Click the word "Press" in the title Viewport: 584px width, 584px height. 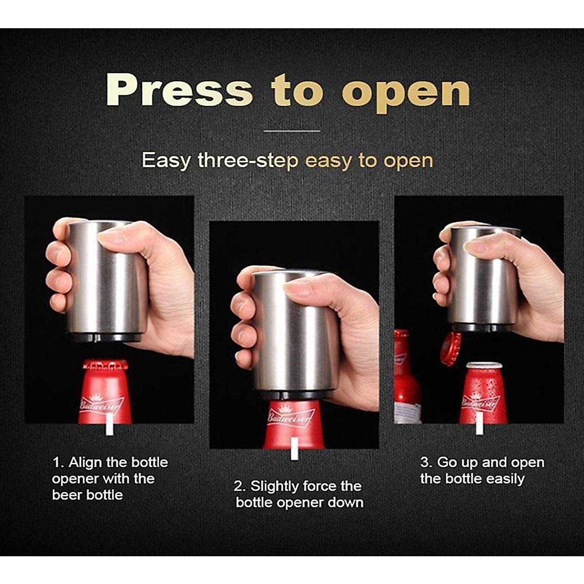click(179, 91)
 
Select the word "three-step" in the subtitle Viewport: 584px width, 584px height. click(248, 160)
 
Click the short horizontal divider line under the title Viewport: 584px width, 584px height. click(292, 131)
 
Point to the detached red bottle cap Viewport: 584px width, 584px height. click(450, 348)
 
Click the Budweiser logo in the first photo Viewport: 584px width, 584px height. click(102, 403)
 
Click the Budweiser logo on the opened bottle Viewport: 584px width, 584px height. click(481, 402)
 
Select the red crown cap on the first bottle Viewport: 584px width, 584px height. click(105, 365)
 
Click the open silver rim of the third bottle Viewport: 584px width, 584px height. click(484, 365)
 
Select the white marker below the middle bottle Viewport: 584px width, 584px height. click(293, 448)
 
